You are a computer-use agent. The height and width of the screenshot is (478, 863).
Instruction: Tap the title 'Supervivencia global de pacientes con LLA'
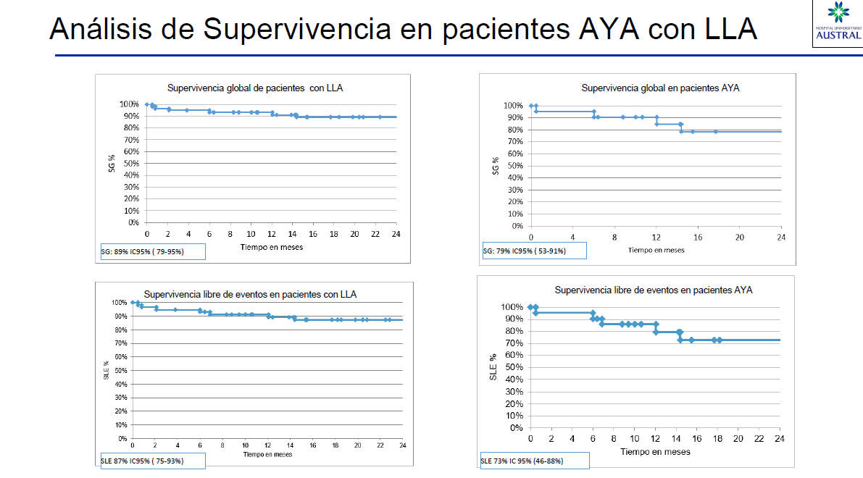tap(255, 88)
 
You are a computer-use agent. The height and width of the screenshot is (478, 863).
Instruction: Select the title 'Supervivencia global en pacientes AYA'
tap(660, 88)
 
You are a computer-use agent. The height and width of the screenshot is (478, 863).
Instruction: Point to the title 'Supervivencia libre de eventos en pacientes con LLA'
tap(250, 295)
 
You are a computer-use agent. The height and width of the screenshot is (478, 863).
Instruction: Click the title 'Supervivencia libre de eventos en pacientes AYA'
tap(653, 290)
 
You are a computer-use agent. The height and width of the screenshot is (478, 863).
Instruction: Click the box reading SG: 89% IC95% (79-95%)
tap(153, 251)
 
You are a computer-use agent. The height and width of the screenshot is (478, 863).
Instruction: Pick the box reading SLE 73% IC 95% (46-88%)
tap(533, 461)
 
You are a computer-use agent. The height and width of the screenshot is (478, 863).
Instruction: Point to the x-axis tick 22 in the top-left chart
tap(375, 234)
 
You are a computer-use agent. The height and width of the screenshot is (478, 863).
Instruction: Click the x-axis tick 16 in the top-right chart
tap(698, 238)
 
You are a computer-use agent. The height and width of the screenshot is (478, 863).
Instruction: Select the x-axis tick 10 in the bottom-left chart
tap(245, 445)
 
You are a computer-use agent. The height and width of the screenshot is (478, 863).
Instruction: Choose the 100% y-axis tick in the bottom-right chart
tap(511, 307)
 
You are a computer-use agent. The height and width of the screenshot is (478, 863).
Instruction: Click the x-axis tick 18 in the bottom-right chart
tap(717, 439)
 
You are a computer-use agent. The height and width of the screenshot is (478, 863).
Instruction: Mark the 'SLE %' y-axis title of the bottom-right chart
tap(493, 367)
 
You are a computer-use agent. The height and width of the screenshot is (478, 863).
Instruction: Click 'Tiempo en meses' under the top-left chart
tap(272, 247)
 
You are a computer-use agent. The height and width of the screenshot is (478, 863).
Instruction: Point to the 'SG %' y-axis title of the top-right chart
tap(496, 166)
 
